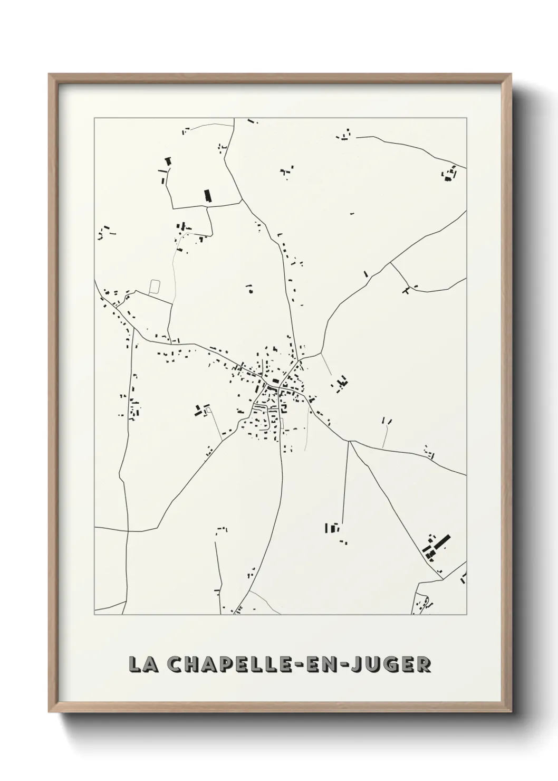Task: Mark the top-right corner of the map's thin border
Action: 466,118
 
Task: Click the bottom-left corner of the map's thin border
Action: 94,615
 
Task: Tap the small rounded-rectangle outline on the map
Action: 155,287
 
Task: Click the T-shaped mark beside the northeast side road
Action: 406,289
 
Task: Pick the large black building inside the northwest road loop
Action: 207,195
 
